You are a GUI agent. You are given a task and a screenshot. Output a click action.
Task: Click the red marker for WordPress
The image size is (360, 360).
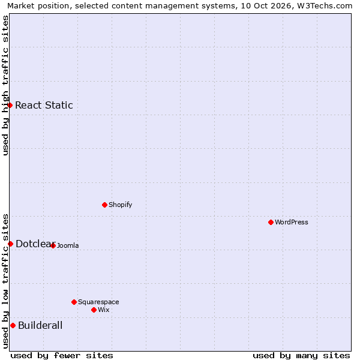pos(271,222)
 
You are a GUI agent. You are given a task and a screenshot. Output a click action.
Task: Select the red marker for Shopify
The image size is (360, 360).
pos(104,205)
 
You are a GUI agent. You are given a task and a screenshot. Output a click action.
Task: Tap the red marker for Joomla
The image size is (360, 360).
pos(53,245)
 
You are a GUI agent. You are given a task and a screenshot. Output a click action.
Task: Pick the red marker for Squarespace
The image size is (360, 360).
pos(74,302)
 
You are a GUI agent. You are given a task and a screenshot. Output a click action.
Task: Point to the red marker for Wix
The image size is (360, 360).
pos(94,310)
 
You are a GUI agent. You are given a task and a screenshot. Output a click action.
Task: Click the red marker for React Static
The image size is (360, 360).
pos(10,105)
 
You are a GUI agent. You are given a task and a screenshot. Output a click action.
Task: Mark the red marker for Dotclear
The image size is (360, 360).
pos(10,244)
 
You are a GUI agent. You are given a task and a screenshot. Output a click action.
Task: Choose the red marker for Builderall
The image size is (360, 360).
pos(13,325)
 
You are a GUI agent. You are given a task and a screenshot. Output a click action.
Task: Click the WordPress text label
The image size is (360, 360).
pos(292,222)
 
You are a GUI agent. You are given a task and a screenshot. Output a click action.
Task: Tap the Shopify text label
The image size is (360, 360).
pos(121,205)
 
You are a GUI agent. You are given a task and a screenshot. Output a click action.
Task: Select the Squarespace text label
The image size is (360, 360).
pos(98,302)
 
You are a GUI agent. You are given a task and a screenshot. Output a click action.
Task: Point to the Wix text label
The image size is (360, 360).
pos(104,310)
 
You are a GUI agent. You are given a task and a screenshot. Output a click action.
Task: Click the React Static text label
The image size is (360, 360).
pos(44,105)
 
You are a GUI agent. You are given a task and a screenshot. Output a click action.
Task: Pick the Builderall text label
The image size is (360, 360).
pos(40,325)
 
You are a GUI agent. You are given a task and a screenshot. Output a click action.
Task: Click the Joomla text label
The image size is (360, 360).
pos(68,245)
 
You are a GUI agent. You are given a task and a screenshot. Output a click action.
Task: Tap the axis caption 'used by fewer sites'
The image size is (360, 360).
pos(62,356)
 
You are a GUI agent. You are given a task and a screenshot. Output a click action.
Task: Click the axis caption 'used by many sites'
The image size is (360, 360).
pos(301,356)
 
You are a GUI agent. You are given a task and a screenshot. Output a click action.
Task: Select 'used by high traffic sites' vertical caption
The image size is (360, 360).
pos(5,85)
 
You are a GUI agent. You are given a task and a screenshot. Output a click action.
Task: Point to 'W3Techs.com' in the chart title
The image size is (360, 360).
pos(325,6)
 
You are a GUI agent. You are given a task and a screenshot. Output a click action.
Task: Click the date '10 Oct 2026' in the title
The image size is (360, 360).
pos(266,6)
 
